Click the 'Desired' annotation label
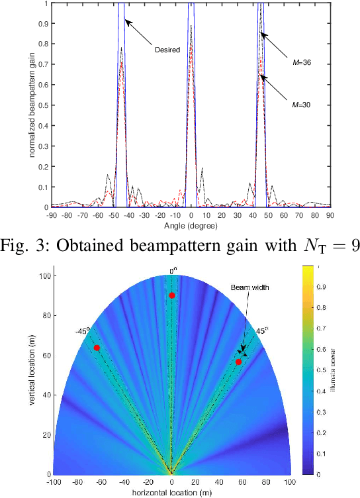[x=167, y=49]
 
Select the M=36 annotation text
[x=302, y=63]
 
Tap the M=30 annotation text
[x=302, y=104]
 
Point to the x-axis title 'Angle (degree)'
[x=191, y=226]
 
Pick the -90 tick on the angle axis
[x=52, y=215]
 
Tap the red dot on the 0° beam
[x=172, y=295]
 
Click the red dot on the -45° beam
[x=97, y=348]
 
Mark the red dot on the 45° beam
[x=238, y=362]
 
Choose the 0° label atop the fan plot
[x=172, y=270]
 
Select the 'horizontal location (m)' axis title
[x=171, y=493]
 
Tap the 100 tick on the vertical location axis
[x=42, y=275]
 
